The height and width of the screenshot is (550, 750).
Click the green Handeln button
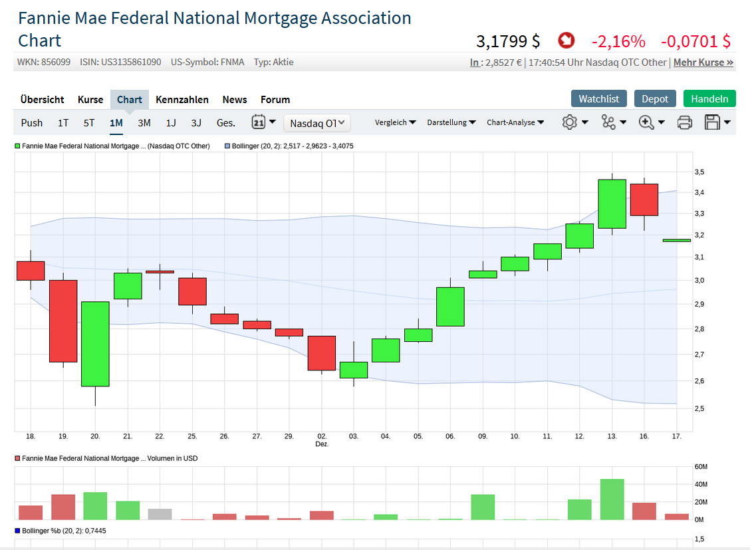(x=709, y=98)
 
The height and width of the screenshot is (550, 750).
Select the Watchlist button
(x=598, y=98)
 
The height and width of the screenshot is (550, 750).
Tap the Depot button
(x=655, y=98)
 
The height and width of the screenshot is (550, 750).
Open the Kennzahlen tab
(x=182, y=100)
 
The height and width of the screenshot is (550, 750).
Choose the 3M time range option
(x=144, y=122)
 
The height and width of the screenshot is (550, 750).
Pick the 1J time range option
(x=171, y=122)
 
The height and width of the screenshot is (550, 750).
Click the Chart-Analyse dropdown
(x=515, y=122)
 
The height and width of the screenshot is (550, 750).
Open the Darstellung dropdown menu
(x=451, y=122)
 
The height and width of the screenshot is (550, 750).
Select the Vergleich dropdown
(x=396, y=122)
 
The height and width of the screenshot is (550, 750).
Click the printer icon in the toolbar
(x=685, y=122)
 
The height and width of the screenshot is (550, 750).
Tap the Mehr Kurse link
(x=703, y=63)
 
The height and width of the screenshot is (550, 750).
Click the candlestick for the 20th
(x=95, y=344)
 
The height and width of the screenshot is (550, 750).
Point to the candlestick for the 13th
(x=612, y=204)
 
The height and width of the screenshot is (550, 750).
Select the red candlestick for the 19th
(x=63, y=321)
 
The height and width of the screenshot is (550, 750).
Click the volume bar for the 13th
(x=612, y=499)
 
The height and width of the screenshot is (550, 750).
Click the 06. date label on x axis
(x=450, y=436)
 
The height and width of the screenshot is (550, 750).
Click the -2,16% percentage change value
(x=618, y=41)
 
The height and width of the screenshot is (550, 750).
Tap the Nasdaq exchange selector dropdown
(x=317, y=123)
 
